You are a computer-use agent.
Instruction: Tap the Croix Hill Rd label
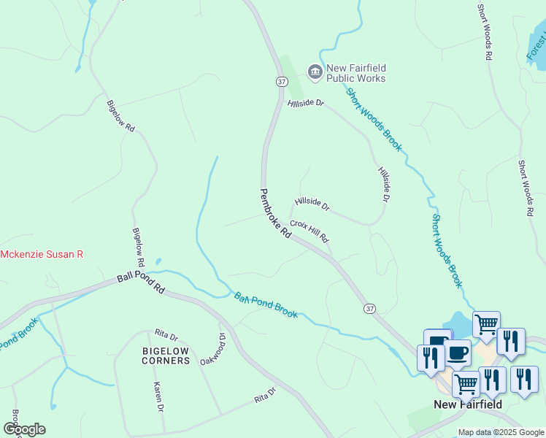[309, 231]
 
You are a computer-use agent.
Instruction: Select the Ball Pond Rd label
[142, 284]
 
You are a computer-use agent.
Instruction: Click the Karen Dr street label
[157, 396]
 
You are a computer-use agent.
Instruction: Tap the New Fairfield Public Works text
[355, 73]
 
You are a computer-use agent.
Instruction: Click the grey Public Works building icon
[315, 71]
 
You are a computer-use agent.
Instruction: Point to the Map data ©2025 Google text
[501, 432]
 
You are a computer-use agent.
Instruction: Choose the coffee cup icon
[458, 352]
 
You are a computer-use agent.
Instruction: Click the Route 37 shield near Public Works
[281, 82]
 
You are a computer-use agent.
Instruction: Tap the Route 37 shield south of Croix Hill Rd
[370, 310]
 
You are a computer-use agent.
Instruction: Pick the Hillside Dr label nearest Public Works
[305, 104]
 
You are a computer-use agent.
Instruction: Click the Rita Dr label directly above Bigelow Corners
[166, 337]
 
